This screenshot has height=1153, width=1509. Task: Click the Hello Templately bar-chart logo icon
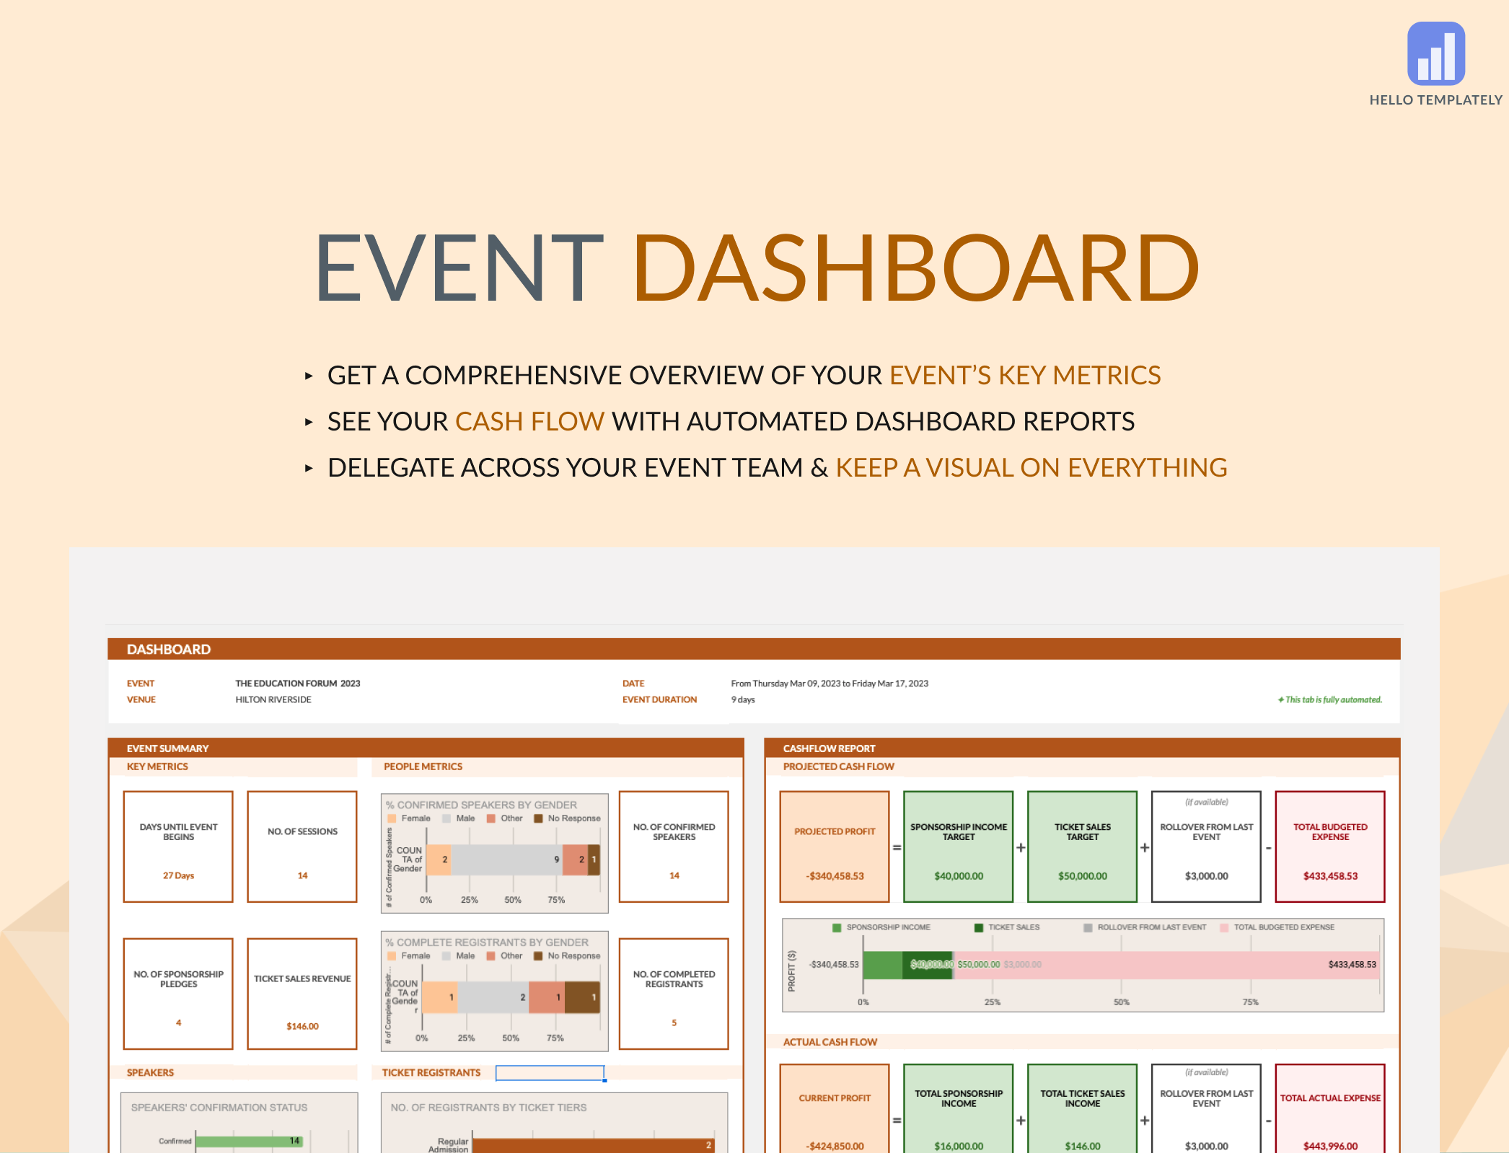tap(1435, 54)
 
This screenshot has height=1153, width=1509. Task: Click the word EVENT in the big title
tap(459, 268)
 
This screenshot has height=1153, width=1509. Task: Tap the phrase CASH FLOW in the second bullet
tap(529, 422)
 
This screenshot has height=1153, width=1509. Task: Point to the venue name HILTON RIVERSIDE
tap(273, 699)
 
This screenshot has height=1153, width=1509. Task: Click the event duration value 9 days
tap(743, 699)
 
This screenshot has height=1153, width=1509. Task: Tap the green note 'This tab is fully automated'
tap(1331, 699)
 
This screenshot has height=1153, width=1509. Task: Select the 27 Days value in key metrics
tap(178, 875)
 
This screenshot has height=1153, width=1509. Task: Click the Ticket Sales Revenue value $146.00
tap(302, 1026)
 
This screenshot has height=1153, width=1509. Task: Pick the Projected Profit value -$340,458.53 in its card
tap(835, 876)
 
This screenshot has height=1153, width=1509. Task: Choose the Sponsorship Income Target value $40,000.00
tap(959, 876)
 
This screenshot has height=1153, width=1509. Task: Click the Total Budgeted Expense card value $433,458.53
tap(1330, 876)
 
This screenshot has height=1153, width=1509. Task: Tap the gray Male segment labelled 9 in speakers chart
tap(506, 860)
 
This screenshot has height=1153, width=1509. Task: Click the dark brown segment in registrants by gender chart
tap(582, 997)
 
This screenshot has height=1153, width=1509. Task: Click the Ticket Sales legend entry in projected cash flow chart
tap(1013, 927)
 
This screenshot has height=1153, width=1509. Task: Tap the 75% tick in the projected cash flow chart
tap(1250, 1002)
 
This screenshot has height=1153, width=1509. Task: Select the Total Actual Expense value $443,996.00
tap(1330, 1146)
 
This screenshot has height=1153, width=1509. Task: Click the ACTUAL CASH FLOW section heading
tap(830, 1042)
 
